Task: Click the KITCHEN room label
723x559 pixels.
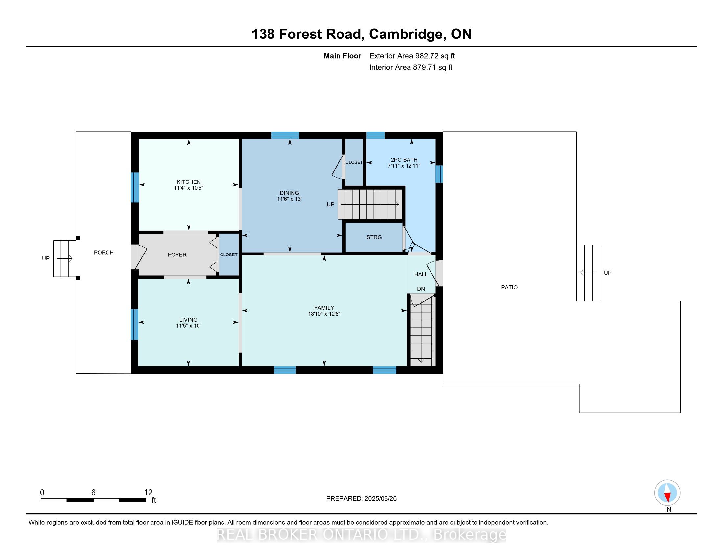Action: (188, 182)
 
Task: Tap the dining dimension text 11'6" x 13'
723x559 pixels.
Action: (289, 199)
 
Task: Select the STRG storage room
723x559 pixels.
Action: (374, 237)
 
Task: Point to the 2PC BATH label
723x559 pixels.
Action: (404, 159)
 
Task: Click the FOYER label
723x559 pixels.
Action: (177, 255)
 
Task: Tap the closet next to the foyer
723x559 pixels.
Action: (228, 255)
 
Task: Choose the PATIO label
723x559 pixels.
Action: (509, 287)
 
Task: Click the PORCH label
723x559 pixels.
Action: (104, 252)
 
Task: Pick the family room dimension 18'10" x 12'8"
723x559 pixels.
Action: (324, 314)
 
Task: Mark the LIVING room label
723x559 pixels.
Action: (188, 320)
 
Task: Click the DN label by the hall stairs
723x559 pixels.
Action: (421, 289)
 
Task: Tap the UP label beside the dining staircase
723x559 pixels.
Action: (330, 204)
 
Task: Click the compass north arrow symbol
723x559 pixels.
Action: (667, 493)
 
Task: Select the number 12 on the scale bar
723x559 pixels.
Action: (148, 493)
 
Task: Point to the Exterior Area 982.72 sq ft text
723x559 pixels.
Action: (412, 56)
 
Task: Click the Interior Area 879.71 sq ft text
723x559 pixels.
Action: (410, 67)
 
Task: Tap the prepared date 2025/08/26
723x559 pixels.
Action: (380, 499)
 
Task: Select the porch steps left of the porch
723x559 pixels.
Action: (64, 259)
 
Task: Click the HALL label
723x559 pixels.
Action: (421, 274)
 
